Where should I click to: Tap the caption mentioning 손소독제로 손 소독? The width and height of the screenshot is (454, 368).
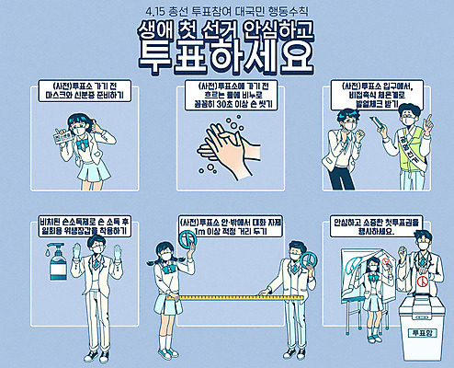point(75,227)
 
